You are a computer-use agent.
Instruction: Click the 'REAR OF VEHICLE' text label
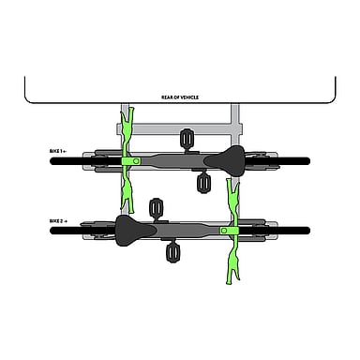[180, 97]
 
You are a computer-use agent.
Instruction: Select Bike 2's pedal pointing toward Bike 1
[156, 207]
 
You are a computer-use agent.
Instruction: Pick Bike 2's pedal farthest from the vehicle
[172, 253]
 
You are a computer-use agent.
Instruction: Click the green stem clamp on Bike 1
[131, 161]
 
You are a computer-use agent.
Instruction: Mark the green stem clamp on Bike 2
[230, 231]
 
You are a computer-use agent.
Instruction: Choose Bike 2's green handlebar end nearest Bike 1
[233, 199]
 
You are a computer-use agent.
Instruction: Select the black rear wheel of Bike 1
[277, 161]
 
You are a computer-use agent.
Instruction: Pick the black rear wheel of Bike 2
[82, 231]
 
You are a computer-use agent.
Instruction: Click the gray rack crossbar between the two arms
[180, 128]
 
